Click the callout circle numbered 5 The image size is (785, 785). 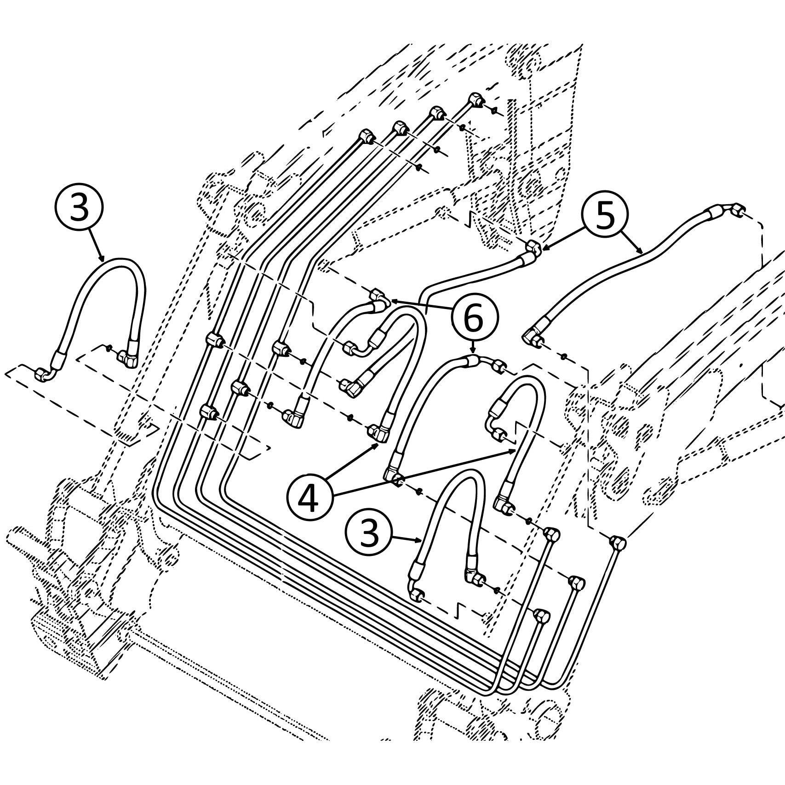[606, 217]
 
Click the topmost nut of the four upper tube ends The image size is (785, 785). [475, 100]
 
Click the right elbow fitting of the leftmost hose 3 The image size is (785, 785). [129, 358]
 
